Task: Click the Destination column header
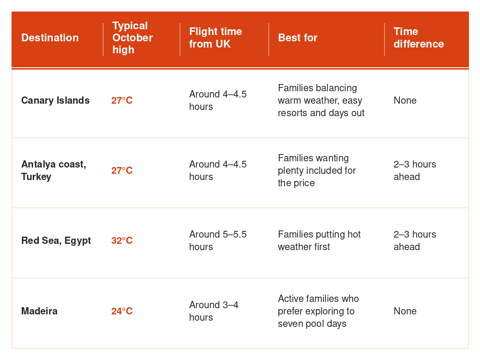50,37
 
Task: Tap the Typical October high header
132,37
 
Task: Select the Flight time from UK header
216,37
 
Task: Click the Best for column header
298,37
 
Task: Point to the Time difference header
419,37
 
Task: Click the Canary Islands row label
55,100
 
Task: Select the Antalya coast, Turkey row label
54,170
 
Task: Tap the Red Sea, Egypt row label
56,240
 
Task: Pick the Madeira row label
39,311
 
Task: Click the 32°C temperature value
122,240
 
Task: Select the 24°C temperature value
122,311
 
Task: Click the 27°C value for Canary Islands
122,100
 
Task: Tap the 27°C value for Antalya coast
122,170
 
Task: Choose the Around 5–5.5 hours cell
217,240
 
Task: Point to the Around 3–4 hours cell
214,311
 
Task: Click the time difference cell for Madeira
405,311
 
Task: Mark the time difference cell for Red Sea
415,240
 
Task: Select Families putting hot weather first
319,240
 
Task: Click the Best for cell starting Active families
318,311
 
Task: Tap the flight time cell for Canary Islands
217,100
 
